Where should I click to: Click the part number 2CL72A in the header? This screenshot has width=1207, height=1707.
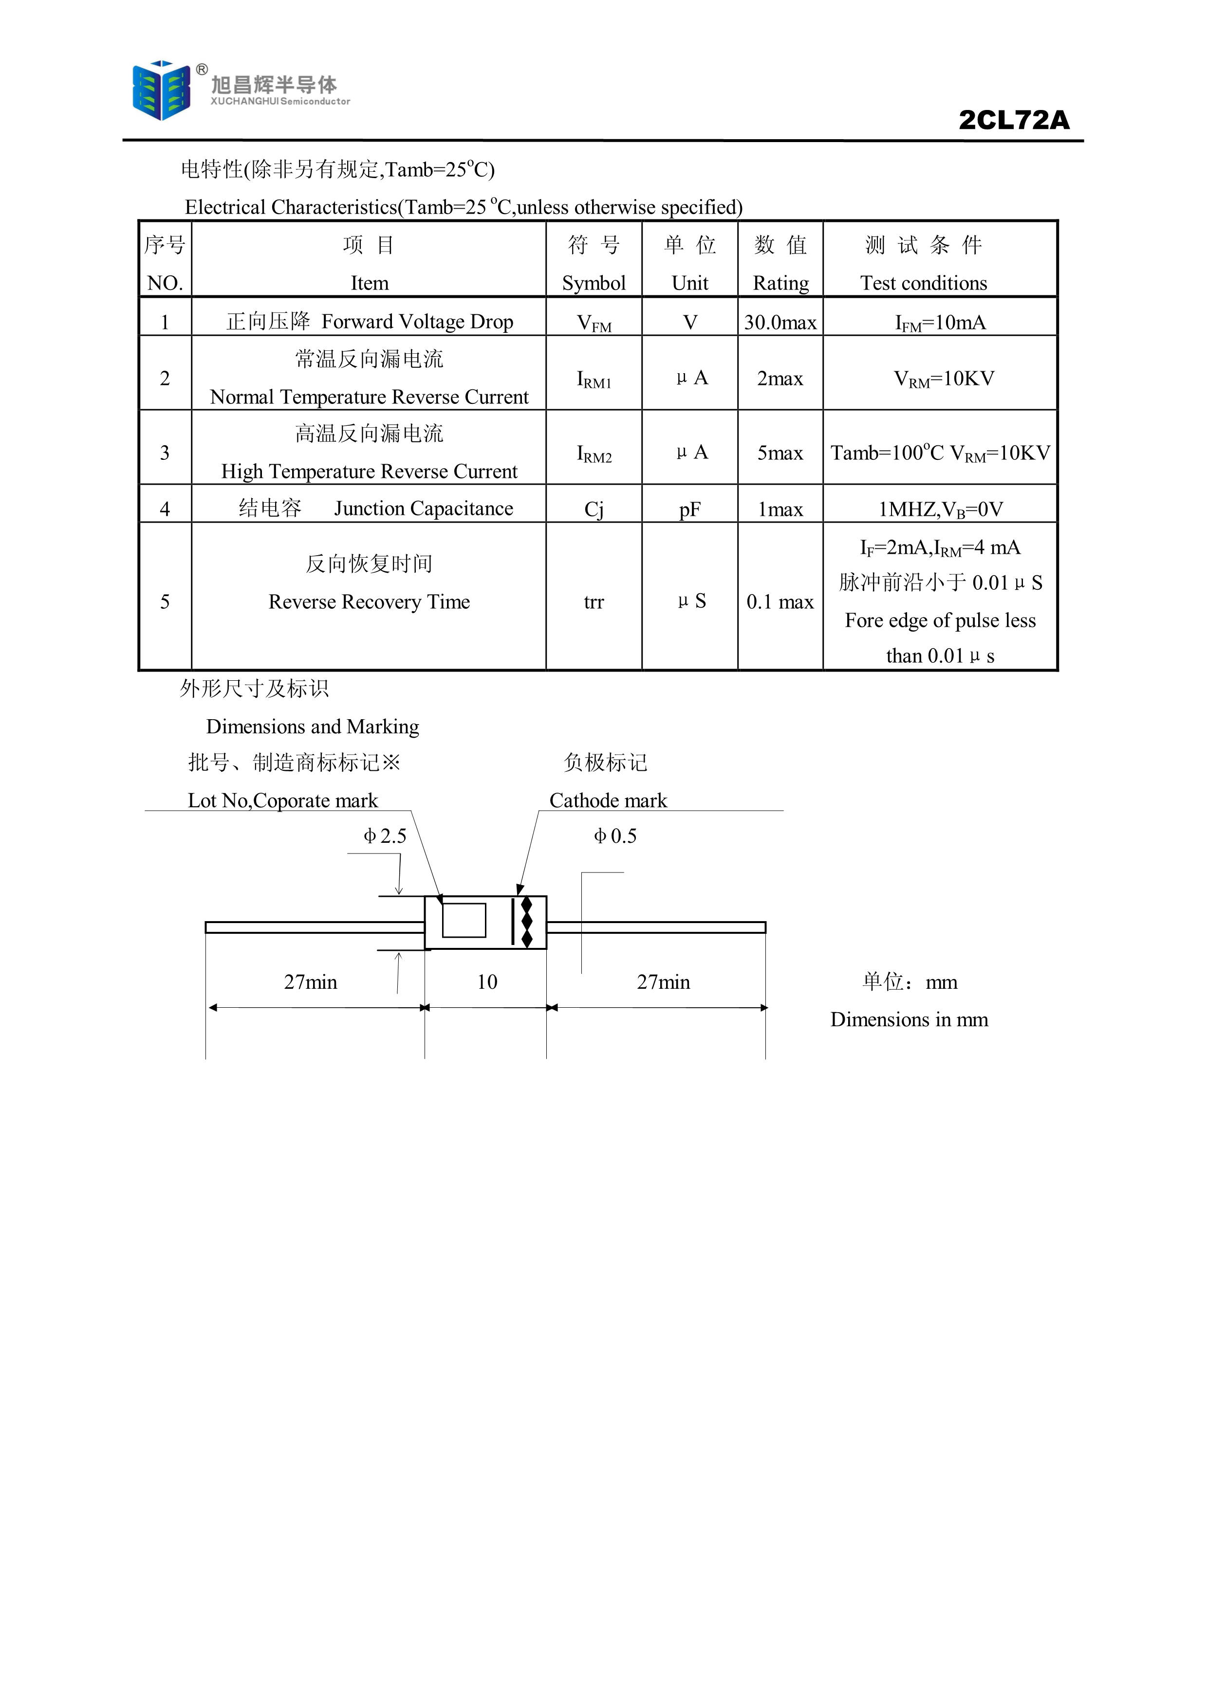(1014, 120)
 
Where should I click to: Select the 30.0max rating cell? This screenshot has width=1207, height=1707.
(780, 323)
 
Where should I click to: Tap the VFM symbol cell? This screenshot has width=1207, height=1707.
(594, 323)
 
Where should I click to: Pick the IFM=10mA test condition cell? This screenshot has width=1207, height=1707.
(940, 323)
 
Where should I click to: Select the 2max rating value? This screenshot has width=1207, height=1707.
(780, 379)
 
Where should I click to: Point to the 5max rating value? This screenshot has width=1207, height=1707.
(780, 453)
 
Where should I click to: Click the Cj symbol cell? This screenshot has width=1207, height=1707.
(594, 509)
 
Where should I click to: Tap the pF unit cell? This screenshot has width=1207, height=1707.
(689, 509)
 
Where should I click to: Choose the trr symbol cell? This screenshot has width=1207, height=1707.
(594, 601)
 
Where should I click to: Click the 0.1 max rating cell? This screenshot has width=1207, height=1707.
(780, 601)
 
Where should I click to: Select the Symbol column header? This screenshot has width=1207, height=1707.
(594, 283)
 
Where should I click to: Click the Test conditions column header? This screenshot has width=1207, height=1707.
(924, 283)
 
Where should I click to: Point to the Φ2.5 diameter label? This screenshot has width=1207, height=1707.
(385, 836)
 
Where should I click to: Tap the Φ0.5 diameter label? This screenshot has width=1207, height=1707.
(615, 836)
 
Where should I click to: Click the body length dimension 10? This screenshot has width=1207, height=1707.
(487, 982)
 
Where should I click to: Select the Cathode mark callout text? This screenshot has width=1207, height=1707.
(608, 801)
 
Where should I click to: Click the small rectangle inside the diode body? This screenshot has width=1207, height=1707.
(464, 921)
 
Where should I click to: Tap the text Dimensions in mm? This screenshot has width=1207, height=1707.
(909, 1019)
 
